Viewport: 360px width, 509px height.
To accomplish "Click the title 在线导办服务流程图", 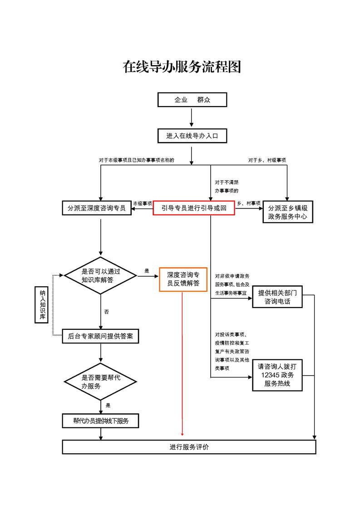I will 182,67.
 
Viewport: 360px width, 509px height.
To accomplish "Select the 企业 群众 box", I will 192,100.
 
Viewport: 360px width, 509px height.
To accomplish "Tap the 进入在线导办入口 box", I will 192,136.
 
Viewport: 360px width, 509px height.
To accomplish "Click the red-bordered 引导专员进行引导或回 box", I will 193,208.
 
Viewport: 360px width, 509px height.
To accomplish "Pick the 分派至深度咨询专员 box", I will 97,208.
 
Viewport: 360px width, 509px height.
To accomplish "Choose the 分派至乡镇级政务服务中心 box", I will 288,212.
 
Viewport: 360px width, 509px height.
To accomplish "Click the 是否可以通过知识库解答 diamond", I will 100,275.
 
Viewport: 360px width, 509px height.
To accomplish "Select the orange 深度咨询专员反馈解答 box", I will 183,279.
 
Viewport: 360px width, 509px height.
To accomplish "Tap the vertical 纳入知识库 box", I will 41,304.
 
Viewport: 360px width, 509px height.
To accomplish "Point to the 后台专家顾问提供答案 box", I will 100,336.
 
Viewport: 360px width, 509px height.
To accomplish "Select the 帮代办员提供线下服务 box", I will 100,421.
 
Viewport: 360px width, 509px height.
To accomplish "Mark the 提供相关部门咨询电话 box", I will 277,297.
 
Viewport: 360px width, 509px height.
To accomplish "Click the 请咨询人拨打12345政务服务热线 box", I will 277,375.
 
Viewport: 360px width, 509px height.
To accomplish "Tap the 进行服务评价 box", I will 189,447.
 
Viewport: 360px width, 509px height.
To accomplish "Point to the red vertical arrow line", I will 182,363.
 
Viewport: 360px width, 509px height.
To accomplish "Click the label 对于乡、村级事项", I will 267,160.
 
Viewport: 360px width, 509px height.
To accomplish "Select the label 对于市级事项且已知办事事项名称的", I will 136,160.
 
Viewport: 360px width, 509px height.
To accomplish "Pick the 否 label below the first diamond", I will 106,312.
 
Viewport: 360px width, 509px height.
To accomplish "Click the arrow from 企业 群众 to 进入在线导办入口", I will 192,117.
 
